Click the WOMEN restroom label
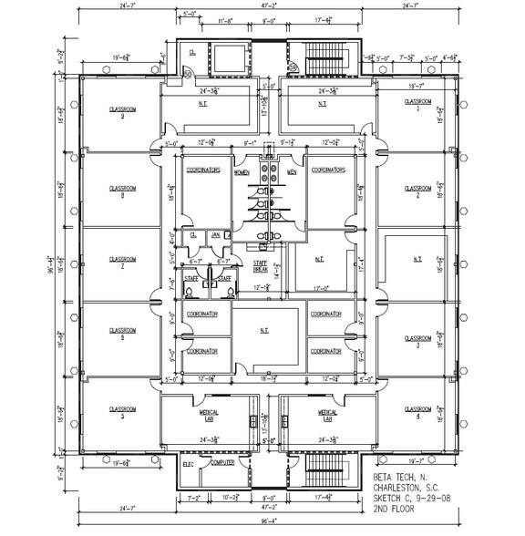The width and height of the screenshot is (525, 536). click(x=242, y=172)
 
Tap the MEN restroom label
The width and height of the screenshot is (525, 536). click(x=292, y=172)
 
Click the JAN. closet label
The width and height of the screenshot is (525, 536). click(x=215, y=234)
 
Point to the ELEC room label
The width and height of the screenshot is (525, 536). click(x=189, y=464)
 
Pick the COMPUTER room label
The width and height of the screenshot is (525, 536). click(x=223, y=463)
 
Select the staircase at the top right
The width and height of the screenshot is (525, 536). click(x=324, y=59)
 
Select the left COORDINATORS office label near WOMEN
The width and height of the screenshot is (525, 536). click(x=204, y=170)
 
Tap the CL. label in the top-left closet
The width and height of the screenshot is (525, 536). click(x=192, y=52)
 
